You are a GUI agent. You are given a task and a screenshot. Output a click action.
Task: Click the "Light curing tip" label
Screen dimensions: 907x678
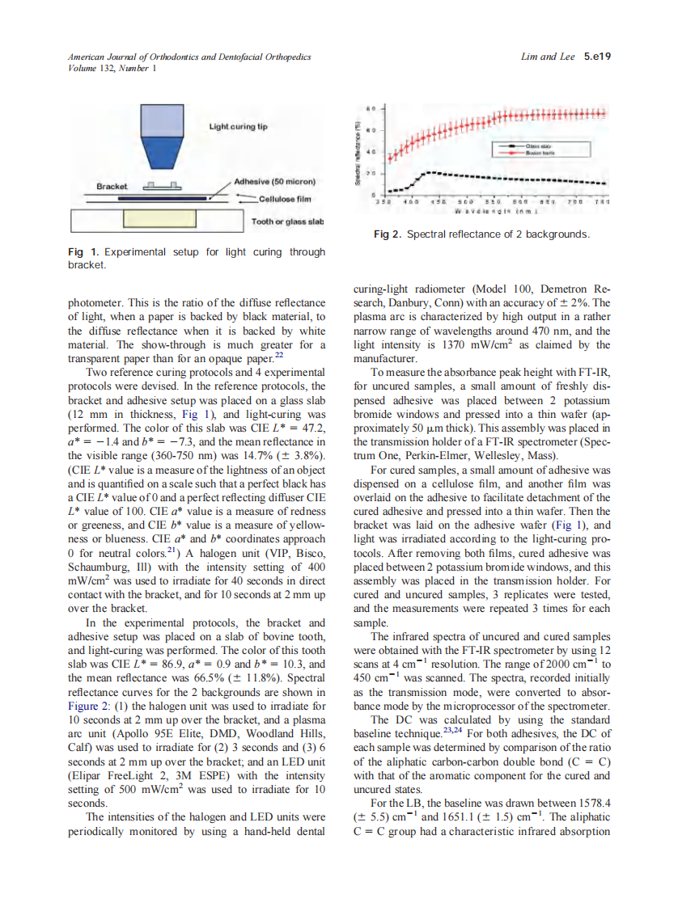pyautogui.click(x=238, y=127)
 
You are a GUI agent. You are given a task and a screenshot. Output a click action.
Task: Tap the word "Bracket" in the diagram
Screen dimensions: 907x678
pyautogui.click(x=112, y=187)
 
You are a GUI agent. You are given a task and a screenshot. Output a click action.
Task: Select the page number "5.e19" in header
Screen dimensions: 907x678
pyautogui.click(x=596, y=57)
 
